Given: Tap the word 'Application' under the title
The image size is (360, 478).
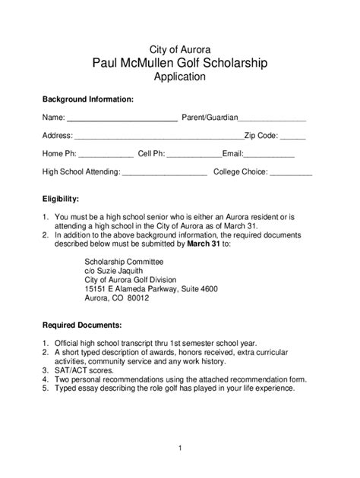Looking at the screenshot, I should pyautogui.click(x=179, y=77).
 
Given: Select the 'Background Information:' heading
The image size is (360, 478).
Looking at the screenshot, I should pyautogui.click(x=88, y=99).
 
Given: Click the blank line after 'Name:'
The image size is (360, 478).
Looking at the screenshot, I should pyautogui.click(x=122, y=119).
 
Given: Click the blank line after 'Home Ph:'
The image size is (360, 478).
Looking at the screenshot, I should pyautogui.click(x=106, y=155).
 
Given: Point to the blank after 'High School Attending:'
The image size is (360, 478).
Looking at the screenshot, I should pyautogui.click(x=165, y=174).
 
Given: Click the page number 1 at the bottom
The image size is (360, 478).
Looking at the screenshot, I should pyautogui.click(x=179, y=448).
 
